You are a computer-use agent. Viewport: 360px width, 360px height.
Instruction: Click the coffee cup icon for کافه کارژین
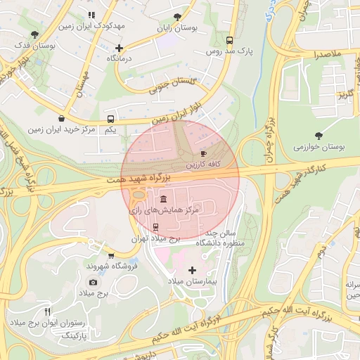tap(204, 153)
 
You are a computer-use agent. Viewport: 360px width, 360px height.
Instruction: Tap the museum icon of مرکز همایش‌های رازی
tap(163, 198)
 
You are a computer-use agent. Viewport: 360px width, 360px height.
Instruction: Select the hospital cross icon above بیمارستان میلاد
tap(192, 269)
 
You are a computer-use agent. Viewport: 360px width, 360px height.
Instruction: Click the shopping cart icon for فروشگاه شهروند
tap(111, 255)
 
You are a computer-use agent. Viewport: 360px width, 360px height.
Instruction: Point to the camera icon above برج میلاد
tap(93, 282)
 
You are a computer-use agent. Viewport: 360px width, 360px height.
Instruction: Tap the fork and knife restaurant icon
tap(47, 311)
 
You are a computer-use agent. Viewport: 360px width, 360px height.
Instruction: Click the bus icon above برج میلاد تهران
tap(155, 227)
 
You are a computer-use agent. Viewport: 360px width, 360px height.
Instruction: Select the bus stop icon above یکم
tap(111, 119)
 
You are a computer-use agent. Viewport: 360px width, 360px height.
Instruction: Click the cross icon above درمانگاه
tap(119, 49)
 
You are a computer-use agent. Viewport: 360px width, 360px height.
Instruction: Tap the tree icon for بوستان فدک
tap(34, 34)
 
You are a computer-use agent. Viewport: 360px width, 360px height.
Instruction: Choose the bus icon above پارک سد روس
tap(229, 40)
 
